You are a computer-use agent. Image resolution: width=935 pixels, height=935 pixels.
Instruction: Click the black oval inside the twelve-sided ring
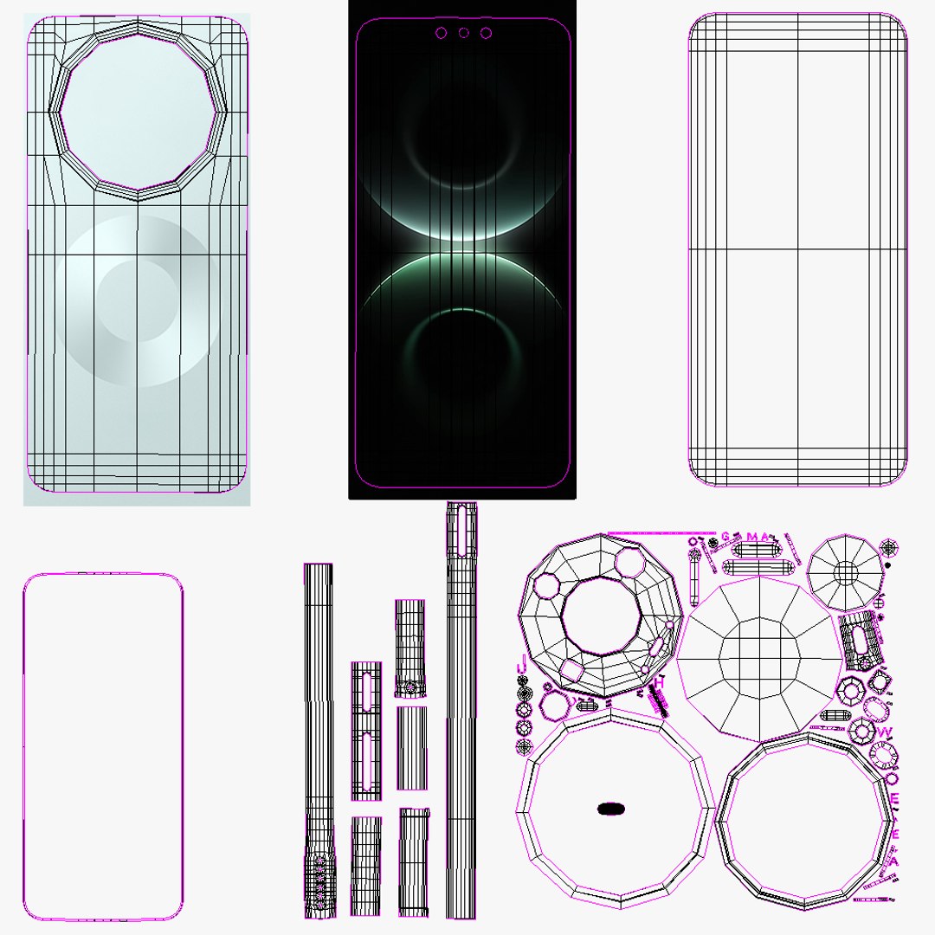(x=611, y=809)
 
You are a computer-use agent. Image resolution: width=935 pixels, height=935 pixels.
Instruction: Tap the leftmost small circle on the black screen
(x=442, y=33)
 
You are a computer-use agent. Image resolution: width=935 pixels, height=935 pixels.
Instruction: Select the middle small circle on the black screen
(x=464, y=33)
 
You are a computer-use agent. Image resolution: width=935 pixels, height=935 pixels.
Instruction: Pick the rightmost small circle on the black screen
(x=487, y=33)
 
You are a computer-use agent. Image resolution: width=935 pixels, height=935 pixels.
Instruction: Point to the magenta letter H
(x=659, y=683)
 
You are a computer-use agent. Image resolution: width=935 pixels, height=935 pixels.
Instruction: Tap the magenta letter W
(x=884, y=732)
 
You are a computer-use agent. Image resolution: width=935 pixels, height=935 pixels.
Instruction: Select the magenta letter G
(x=725, y=537)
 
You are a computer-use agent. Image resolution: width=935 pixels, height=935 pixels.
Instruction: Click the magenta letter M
(x=751, y=537)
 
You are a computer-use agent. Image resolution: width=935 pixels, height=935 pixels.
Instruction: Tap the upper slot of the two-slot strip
(x=366, y=693)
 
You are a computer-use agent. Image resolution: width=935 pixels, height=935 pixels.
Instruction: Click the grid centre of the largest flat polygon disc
(x=758, y=650)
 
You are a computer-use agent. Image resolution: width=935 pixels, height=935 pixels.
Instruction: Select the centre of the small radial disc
(x=845, y=571)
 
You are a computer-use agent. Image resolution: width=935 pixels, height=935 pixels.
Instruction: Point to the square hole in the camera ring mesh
(x=572, y=669)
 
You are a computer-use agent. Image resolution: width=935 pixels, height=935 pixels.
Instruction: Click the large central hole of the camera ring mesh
(x=601, y=615)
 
